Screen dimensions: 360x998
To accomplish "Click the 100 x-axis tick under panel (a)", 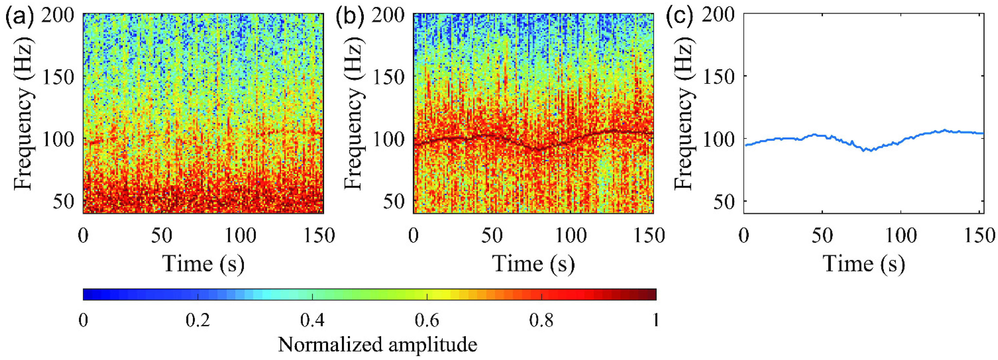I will [240, 236].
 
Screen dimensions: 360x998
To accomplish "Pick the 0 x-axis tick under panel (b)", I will [414, 236].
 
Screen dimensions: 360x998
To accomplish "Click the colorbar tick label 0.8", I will [541, 320].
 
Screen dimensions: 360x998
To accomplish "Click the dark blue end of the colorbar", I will [87, 294].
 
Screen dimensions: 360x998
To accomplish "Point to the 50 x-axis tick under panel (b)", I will [492, 236].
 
